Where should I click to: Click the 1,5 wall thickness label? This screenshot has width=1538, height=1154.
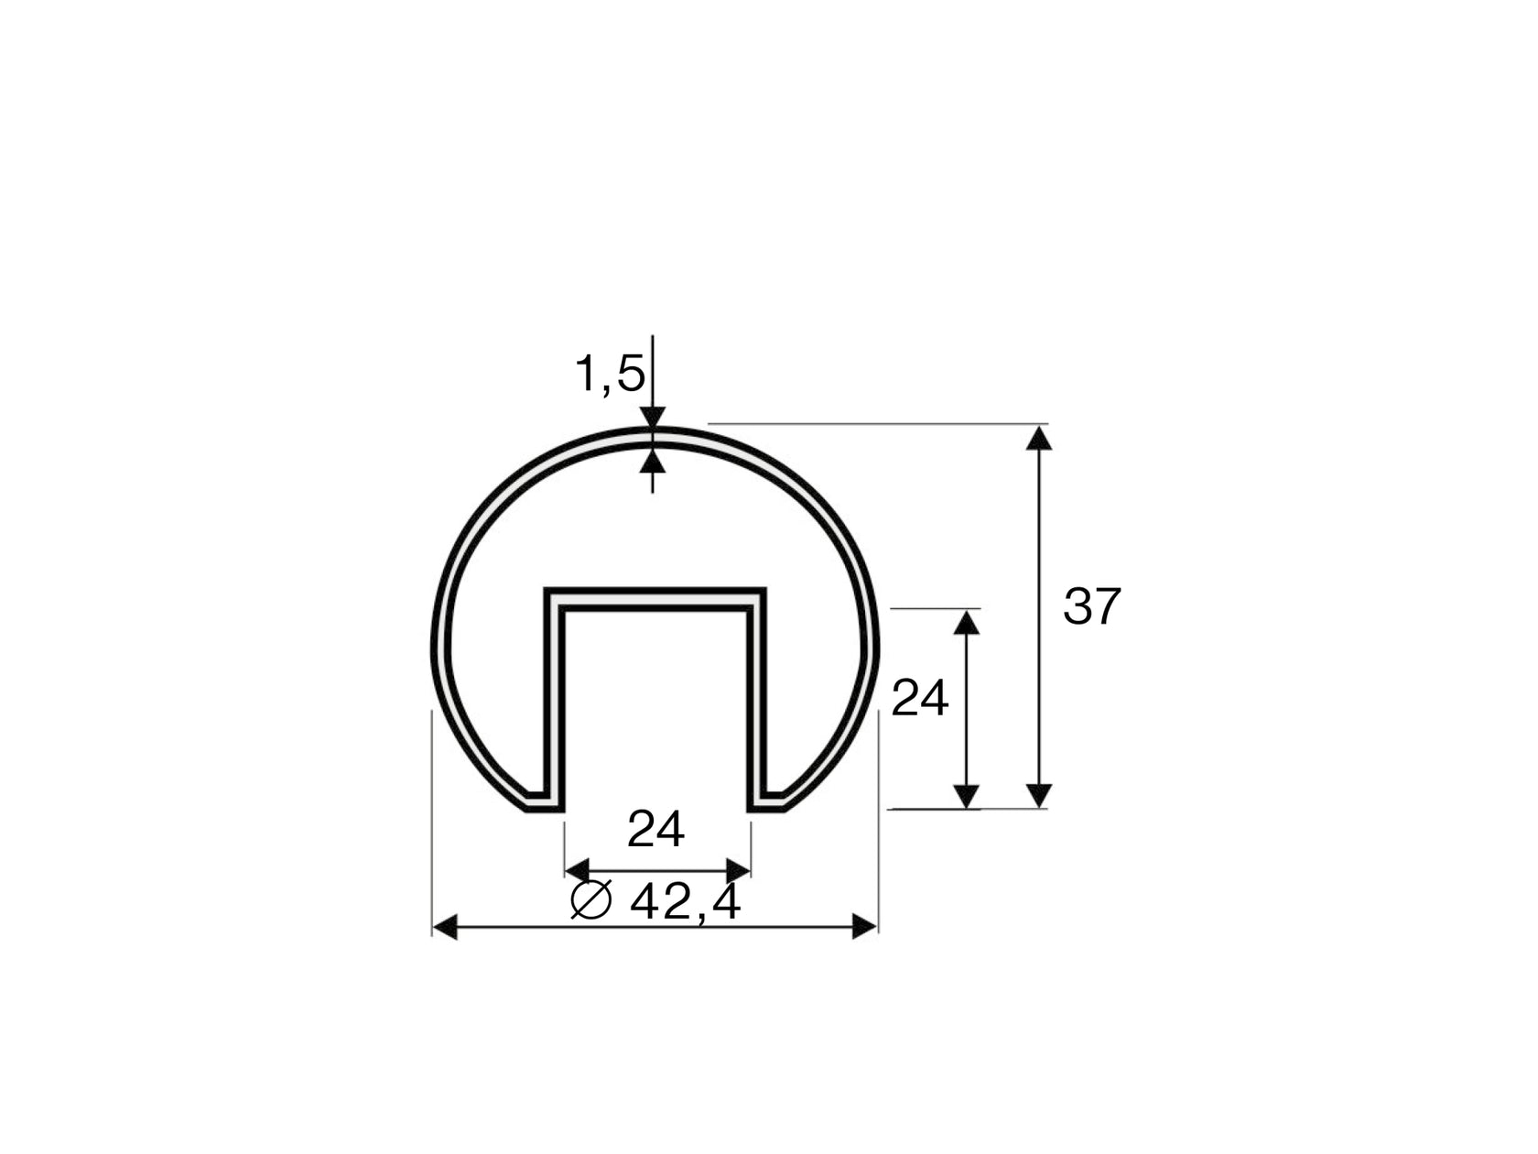(x=609, y=375)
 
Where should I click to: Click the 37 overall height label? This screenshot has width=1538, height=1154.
(x=1091, y=606)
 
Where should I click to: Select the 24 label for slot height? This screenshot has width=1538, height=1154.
(x=919, y=700)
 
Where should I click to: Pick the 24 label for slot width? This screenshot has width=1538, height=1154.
(x=655, y=831)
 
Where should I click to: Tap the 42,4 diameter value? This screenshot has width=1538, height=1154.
(x=685, y=903)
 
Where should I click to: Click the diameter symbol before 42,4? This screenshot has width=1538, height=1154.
(x=591, y=900)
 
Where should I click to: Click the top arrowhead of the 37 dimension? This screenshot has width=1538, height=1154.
(x=1039, y=438)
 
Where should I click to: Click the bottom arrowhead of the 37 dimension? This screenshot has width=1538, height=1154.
(x=1039, y=795)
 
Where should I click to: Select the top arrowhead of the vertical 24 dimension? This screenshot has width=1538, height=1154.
(x=967, y=623)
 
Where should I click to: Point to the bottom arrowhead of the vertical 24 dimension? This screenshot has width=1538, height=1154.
(x=967, y=795)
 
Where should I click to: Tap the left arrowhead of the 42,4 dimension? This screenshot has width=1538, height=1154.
(x=445, y=927)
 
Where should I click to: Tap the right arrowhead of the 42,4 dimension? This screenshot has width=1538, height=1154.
(x=864, y=927)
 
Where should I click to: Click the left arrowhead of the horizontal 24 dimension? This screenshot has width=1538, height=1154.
(x=577, y=869)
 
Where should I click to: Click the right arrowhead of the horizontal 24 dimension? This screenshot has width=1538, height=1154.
(x=738, y=869)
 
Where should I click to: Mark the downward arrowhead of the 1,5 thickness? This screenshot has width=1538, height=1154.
(x=652, y=418)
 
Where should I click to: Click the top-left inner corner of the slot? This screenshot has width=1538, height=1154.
(x=564, y=609)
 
